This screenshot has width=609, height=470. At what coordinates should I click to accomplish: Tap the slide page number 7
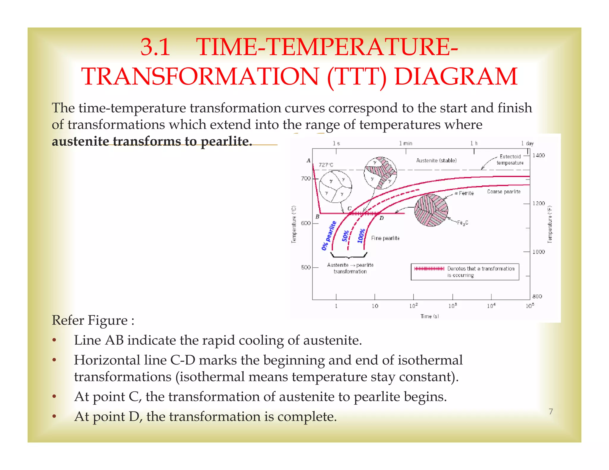[551, 411]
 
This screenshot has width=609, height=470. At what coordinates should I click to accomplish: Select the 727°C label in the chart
[326, 165]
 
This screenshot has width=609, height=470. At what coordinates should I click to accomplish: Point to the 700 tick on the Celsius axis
[306, 178]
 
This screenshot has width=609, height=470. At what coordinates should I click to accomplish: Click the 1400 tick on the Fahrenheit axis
[539, 155]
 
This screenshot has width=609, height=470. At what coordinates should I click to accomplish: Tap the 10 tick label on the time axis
[375, 306]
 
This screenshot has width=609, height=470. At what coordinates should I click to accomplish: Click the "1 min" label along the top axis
[406, 143]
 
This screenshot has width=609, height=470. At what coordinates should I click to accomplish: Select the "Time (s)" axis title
[429, 316]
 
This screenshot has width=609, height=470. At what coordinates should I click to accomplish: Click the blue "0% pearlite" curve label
[329, 235]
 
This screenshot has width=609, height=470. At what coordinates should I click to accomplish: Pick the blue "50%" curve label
[345, 236]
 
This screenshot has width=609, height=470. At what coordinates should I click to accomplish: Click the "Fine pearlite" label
[385, 238]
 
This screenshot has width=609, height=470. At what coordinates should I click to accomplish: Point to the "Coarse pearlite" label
[504, 192]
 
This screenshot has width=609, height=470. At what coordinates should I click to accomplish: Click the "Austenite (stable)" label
[436, 160]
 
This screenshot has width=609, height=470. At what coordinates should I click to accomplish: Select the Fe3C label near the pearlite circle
[462, 223]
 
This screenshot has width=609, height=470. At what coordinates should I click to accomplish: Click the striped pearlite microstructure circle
[431, 210]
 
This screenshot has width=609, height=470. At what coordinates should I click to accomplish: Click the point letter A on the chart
[308, 160]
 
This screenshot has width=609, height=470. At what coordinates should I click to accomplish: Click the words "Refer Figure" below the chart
[90, 321]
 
